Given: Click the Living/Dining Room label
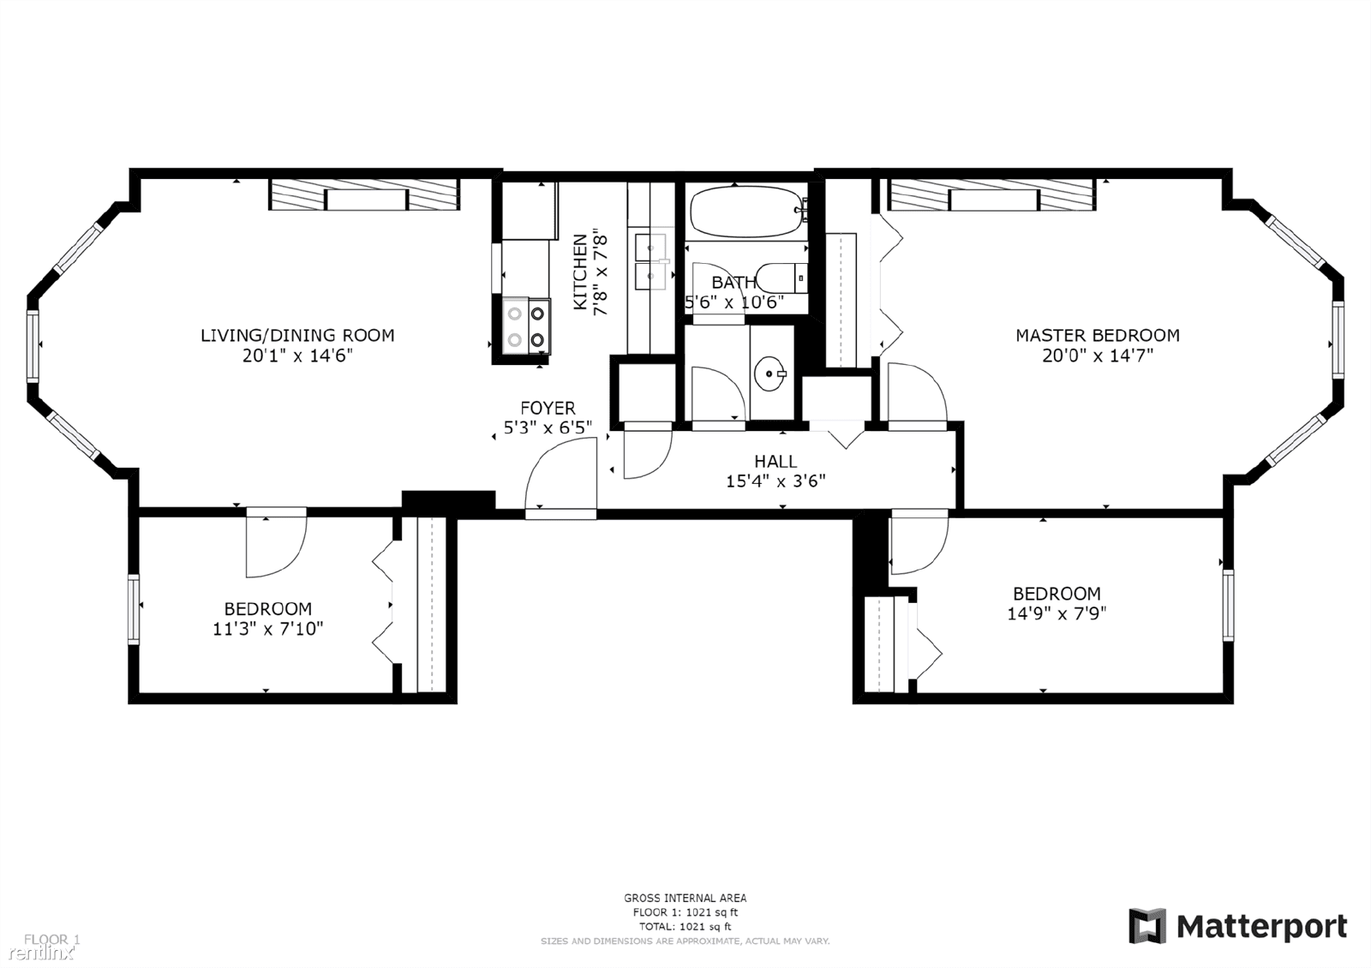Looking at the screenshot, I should (x=297, y=335).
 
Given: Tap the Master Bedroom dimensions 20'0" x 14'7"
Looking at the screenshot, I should (x=1098, y=356).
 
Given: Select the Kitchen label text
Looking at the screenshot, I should (x=581, y=272).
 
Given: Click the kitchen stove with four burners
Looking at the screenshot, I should (x=526, y=326).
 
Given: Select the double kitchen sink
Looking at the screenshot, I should (x=651, y=262).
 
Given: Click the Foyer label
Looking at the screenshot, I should (x=548, y=408).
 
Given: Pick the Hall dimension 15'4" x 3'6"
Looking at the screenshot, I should (x=775, y=481).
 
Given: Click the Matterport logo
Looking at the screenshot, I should (x=1237, y=927).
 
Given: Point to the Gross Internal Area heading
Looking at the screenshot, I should (x=685, y=898).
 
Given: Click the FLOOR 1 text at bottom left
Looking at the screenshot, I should (x=51, y=940).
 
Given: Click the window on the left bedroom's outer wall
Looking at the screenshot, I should (x=134, y=608).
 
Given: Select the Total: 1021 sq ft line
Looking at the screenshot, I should (x=685, y=926).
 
